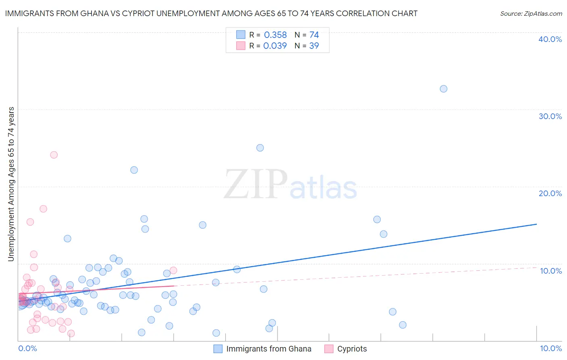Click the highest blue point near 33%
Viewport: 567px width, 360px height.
444,89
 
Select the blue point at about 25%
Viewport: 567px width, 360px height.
260,148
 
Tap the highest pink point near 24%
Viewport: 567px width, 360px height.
54,155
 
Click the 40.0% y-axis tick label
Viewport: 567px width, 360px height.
550,39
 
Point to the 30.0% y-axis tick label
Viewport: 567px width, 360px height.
550,116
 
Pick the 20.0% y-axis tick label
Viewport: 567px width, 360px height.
550,193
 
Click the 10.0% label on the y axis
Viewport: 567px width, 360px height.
551,271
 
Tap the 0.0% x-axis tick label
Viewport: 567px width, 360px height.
27,348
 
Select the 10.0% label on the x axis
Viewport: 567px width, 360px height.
551,348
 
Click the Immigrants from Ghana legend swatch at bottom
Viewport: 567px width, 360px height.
218,349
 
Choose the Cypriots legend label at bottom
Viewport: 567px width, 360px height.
352,349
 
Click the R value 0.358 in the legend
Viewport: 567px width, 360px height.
275,35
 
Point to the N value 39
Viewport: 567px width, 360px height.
314,46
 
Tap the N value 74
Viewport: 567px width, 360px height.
314,35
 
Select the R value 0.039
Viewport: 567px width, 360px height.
275,46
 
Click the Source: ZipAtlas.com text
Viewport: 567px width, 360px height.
531,13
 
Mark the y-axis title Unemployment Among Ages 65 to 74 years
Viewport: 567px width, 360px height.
11,184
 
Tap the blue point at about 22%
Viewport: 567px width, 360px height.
134,170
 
